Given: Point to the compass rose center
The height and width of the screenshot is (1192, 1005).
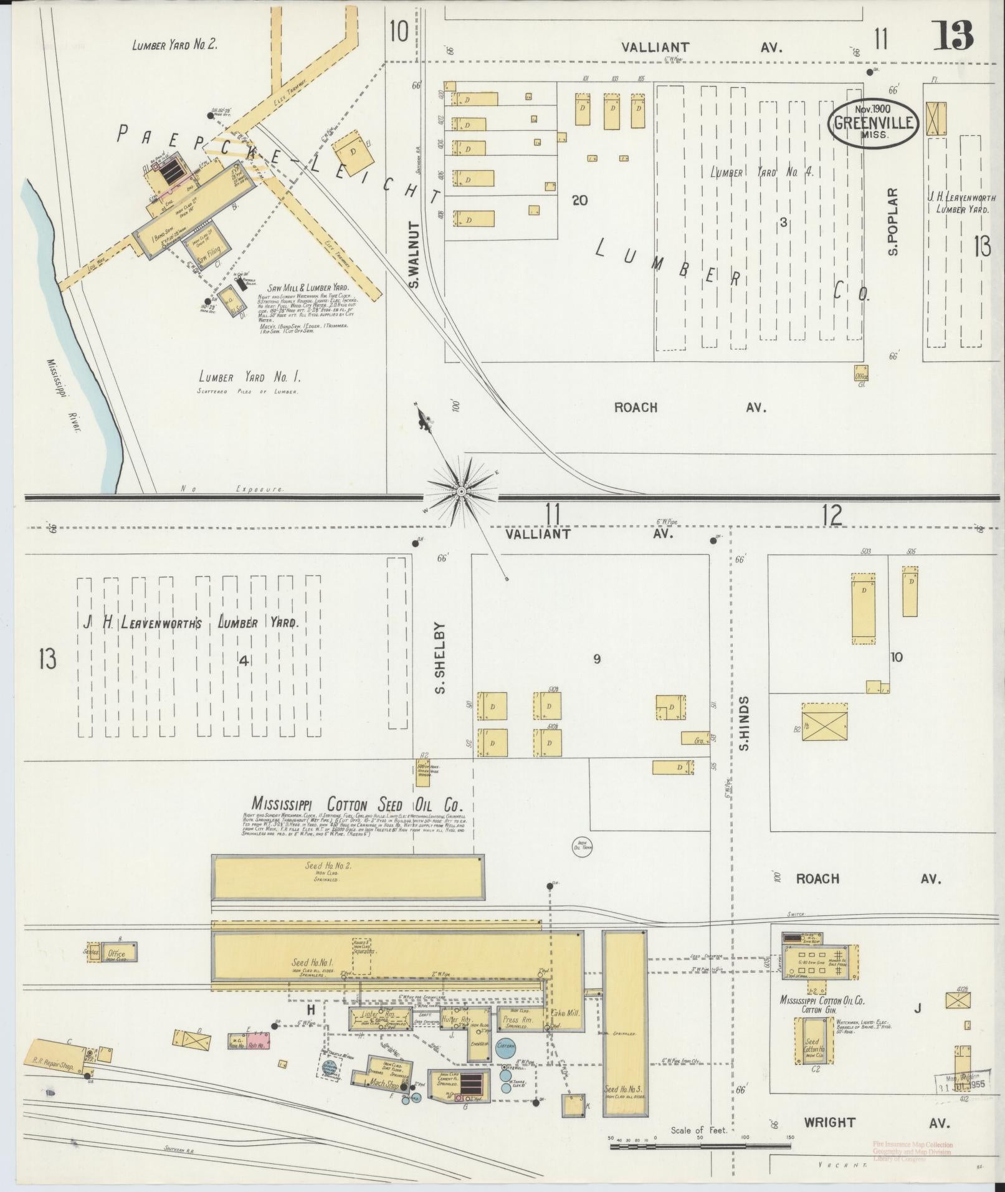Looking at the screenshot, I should (461, 492).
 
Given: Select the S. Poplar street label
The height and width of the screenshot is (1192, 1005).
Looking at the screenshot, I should (893, 222).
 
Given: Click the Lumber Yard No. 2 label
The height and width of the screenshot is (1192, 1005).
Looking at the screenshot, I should (174, 45).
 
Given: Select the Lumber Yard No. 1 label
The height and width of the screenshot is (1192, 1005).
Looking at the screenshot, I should (249, 377).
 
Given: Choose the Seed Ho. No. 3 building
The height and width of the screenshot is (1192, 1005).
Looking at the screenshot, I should (624, 1028).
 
